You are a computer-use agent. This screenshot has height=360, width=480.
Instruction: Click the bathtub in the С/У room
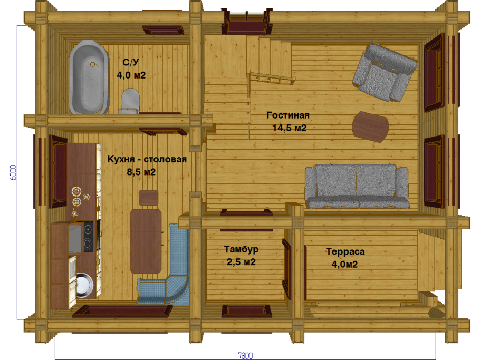89,77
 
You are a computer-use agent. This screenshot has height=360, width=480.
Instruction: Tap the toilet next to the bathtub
130,101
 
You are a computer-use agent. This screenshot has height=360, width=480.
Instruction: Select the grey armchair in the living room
385,72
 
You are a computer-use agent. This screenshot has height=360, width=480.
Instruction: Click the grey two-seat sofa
357,187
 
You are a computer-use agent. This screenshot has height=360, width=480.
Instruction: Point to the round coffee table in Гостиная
370,127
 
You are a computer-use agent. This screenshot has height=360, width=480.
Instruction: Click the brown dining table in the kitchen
146,241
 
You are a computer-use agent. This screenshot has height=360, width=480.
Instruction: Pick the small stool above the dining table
148,198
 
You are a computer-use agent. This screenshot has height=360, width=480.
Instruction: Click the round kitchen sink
84,285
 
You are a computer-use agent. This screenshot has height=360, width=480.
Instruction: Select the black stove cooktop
88,236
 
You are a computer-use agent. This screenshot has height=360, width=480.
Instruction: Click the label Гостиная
288,115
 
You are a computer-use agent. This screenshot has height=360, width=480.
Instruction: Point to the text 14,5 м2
289,128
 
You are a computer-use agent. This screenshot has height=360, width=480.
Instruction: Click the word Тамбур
241,250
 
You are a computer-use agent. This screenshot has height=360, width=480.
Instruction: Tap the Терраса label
345,252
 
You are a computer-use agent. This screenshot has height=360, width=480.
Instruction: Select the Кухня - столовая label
147,159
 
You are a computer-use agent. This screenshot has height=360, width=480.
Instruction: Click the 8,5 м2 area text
141,172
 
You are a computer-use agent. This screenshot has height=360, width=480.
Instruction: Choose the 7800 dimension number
245,355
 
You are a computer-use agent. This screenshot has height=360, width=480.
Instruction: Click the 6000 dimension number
14,172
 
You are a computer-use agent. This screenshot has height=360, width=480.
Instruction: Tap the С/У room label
131,62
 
